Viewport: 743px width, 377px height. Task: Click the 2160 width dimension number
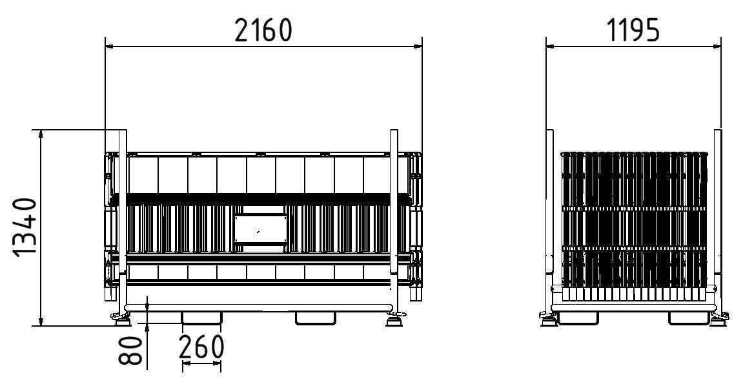click(x=263, y=30)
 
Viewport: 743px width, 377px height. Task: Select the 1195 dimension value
click(x=633, y=30)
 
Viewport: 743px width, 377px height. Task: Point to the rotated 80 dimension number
click(x=132, y=350)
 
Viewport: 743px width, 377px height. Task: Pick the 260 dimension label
click(x=201, y=347)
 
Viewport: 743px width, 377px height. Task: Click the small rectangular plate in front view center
click(x=260, y=229)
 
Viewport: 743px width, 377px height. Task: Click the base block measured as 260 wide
click(x=201, y=318)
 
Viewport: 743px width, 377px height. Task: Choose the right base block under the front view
click(x=315, y=318)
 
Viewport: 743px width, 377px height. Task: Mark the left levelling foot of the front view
click(x=121, y=317)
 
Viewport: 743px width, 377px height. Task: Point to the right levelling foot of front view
click(x=394, y=318)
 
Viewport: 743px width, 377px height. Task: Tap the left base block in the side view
click(x=576, y=318)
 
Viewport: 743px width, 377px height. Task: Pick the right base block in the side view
click(x=688, y=318)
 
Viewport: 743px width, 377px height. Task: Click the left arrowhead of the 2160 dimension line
click(x=109, y=46)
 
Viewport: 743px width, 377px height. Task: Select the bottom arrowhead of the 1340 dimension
click(x=41, y=322)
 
